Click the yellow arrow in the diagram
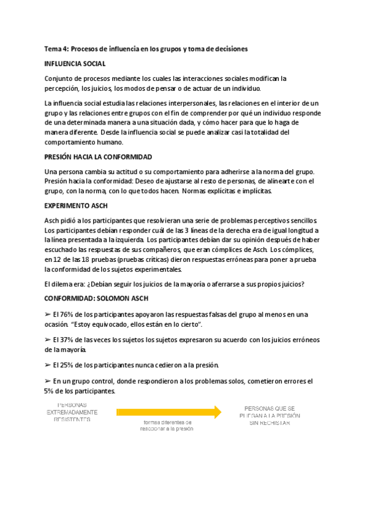pos(168,412)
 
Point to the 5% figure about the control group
pos(50,391)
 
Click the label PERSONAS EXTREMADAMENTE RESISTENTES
pos(72,412)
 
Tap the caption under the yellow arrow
pos(167,426)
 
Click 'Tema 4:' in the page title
pos(57,48)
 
